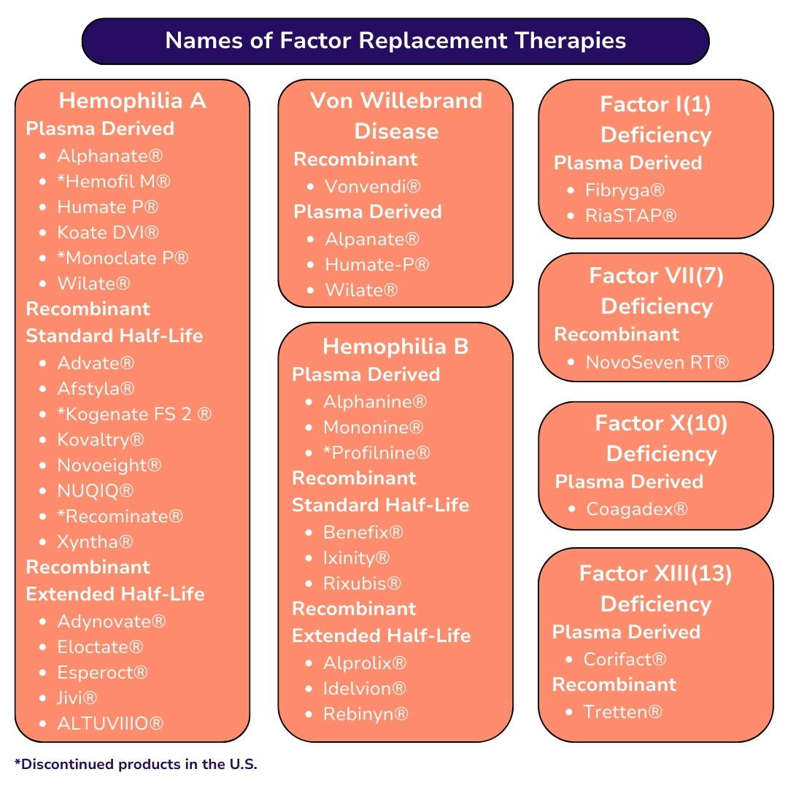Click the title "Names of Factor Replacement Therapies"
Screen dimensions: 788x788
[x=395, y=41]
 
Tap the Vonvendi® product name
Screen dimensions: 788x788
[x=372, y=187]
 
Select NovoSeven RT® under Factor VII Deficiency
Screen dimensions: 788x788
[x=657, y=362]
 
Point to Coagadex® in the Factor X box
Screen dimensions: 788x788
[x=637, y=509]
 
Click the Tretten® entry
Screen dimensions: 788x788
[x=622, y=711]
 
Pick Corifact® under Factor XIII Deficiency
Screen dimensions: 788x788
[x=625, y=659]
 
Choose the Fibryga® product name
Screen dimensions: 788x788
[x=625, y=190]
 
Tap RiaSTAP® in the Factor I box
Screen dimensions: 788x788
[x=630, y=215]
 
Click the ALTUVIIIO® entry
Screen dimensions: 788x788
[x=110, y=723]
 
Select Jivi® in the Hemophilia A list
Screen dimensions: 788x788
[x=77, y=698]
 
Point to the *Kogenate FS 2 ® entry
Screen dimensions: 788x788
[x=134, y=414]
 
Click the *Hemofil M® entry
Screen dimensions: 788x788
[x=114, y=182]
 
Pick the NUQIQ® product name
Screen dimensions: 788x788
[x=95, y=490]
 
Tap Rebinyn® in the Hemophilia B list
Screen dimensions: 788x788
[x=366, y=714]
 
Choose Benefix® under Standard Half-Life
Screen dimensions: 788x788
[x=363, y=532]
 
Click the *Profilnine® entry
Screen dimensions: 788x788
[x=376, y=453]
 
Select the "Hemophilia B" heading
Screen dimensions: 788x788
[x=395, y=347]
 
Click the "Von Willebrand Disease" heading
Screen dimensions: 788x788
[x=396, y=115]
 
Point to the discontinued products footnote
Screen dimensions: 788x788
[x=136, y=764]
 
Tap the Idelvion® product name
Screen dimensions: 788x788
[x=364, y=688]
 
